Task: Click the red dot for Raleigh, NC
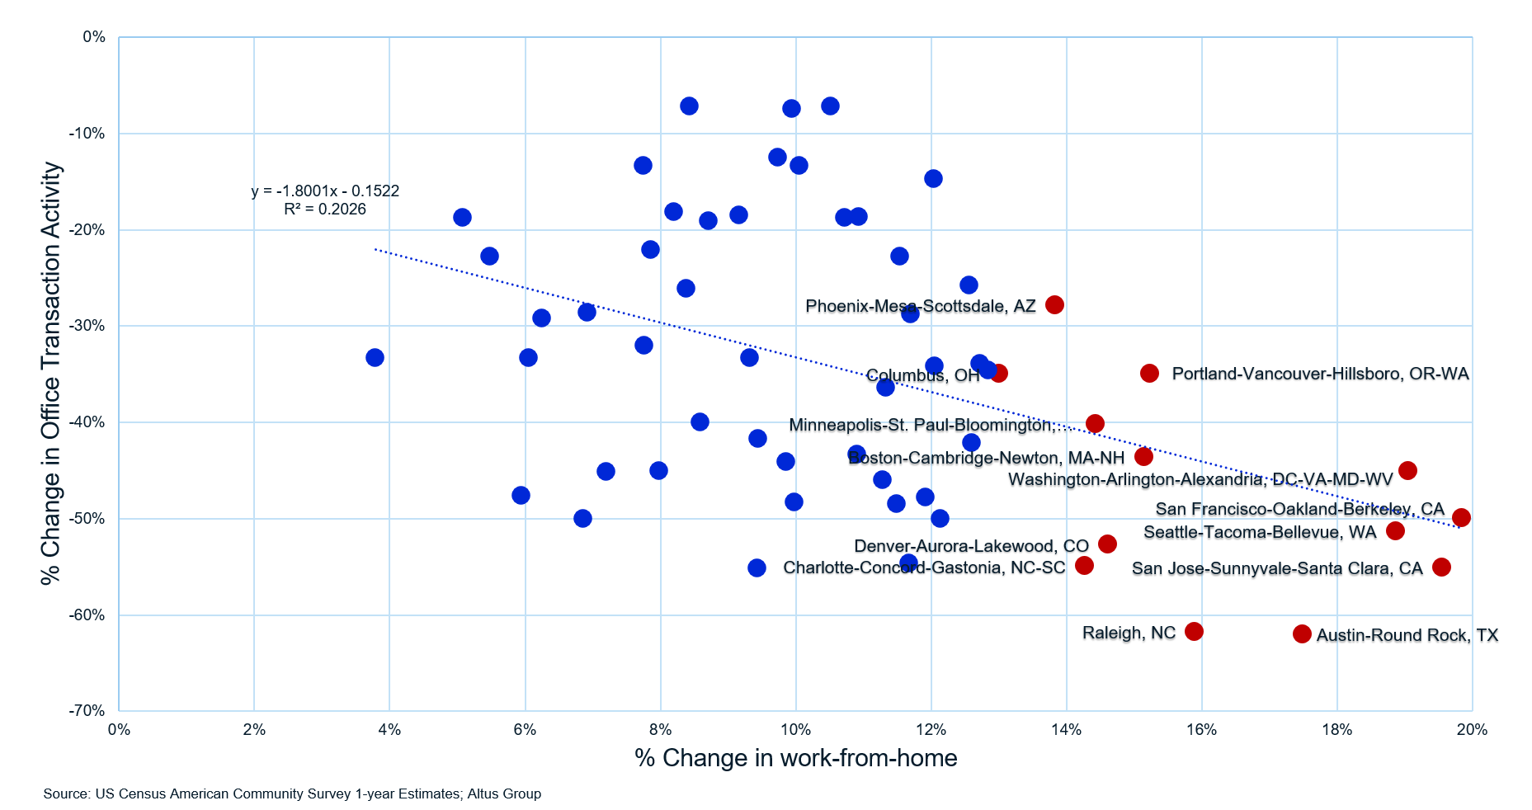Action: pos(1194,631)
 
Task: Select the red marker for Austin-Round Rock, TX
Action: pos(1302,633)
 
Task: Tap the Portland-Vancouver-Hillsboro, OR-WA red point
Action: pos(1149,373)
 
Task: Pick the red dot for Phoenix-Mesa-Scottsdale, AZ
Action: pos(1054,304)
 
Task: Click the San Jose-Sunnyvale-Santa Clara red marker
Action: pos(1441,567)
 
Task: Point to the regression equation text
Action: pos(325,191)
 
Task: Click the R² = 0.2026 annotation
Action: pos(325,210)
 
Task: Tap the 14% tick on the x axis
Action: pos(1066,730)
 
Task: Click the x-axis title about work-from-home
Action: pos(795,758)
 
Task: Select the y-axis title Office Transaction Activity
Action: pos(51,373)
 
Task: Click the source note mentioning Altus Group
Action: pos(292,794)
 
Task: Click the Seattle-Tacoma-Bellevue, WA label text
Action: pos(1260,532)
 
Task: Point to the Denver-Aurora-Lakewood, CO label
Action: pos(971,546)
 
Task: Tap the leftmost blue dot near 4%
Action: pos(375,357)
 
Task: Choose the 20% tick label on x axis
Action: pos(1472,730)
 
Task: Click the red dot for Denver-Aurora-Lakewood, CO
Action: pos(1107,544)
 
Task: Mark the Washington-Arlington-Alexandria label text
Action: pos(1200,479)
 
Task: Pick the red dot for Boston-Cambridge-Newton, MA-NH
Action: pos(1143,456)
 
